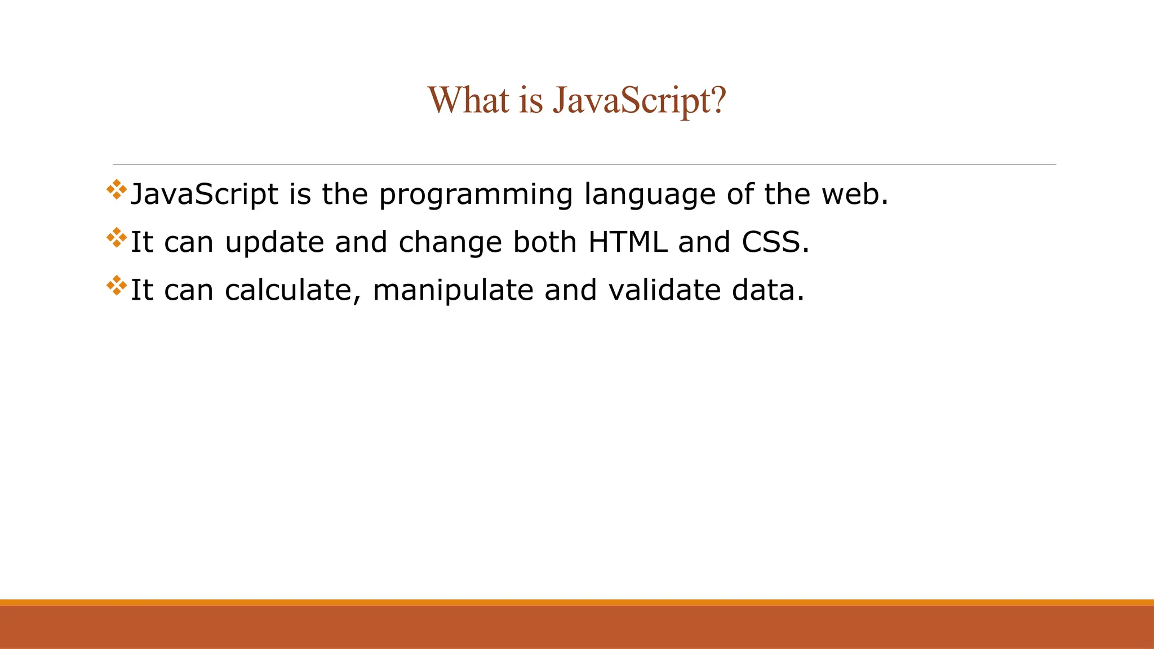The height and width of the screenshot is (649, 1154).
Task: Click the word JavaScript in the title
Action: coord(639,101)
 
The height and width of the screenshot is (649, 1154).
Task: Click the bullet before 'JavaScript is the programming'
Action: coord(117,190)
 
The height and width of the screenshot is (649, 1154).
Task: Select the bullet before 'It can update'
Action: coord(117,238)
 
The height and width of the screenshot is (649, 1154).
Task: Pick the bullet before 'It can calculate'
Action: coord(117,286)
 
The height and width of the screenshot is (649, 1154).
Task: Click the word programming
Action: coord(476,195)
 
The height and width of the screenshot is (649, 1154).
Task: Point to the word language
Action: coord(650,195)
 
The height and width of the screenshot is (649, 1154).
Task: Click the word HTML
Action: coord(628,242)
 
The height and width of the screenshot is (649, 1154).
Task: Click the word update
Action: coord(274,243)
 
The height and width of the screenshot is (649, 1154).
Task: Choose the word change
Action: coord(450,243)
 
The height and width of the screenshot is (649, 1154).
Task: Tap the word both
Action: coord(545,242)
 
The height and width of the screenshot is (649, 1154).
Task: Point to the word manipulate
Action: coord(452,291)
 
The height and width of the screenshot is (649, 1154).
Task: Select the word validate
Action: coord(664,290)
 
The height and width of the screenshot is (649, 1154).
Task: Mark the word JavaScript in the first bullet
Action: coord(204,195)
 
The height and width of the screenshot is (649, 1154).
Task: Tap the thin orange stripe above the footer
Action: coord(577,602)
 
